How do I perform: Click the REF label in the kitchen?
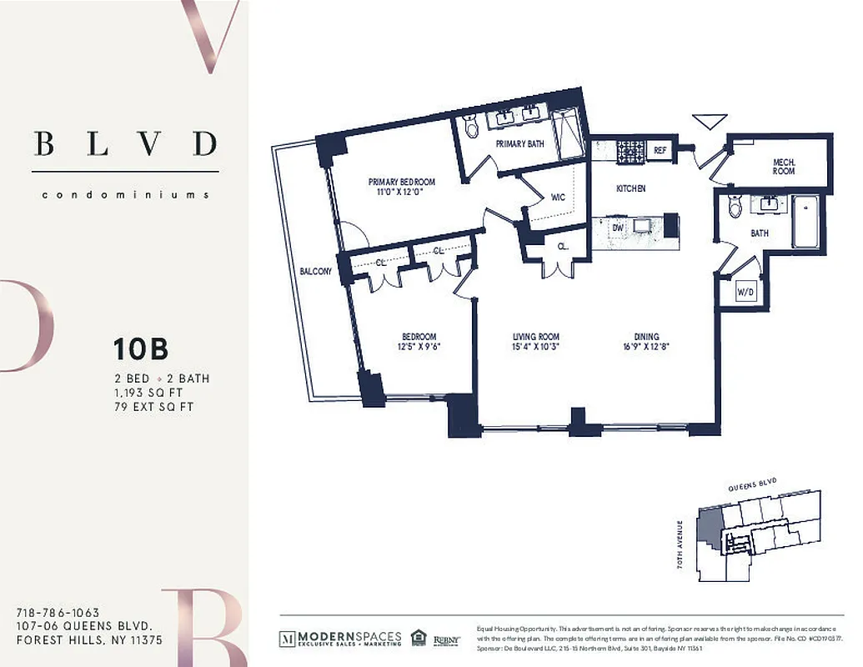click(660, 151)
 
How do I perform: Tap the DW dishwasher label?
click(618, 227)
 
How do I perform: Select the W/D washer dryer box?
click(745, 292)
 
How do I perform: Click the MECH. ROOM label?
click(783, 166)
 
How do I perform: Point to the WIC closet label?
click(558, 198)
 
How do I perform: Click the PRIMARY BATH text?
click(519, 144)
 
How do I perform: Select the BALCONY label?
click(316, 272)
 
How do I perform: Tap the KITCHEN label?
click(630, 189)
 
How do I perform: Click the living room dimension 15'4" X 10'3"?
click(535, 348)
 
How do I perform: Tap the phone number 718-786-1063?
click(58, 613)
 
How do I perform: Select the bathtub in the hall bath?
click(805, 221)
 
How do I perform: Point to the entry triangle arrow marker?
click(710, 122)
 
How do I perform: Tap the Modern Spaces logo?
click(340, 639)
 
